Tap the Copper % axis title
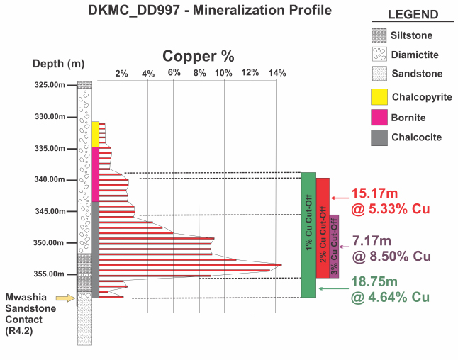tap(198, 56)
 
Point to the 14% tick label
tap(277, 73)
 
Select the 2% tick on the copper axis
tap(122, 73)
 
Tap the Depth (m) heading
tap(58, 64)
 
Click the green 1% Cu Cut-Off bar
tap(308, 235)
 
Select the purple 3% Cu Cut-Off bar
tap(334, 246)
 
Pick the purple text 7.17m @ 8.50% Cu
tap(386, 248)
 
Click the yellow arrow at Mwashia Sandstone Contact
tap(65, 298)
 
